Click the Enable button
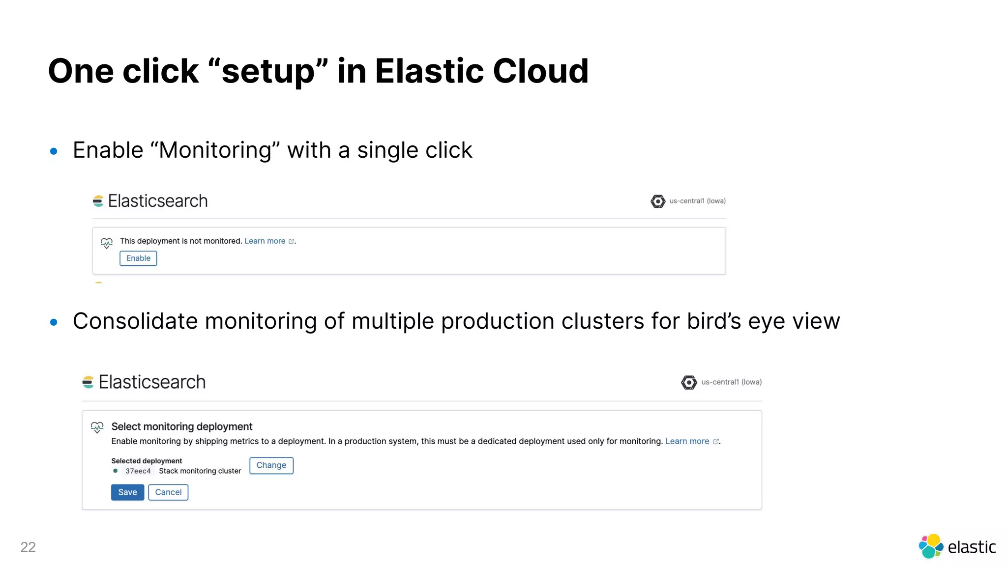tap(138, 258)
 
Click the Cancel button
tap(168, 492)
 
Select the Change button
tap(271, 465)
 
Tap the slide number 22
tap(28, 547)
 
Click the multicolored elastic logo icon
tap(931, 546)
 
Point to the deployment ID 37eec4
tap(138, 471)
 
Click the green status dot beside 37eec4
tap(116, 471)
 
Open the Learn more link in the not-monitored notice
tap(265, 241)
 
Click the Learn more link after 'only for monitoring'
tap(687, 441)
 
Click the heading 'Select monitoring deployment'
tap(181, 426)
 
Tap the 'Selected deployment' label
tap(147, 461)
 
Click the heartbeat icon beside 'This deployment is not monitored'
tap(106, 243)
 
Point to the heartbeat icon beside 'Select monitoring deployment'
tap(97, 427)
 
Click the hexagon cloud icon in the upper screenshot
tap(658, 201)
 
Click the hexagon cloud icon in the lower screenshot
tap(689, 382)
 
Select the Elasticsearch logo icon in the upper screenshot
tap(98, 201)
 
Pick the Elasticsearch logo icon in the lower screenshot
tap(88, 382)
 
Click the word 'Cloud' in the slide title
tap(540, 71)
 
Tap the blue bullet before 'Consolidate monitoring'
tap(54, 322)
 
